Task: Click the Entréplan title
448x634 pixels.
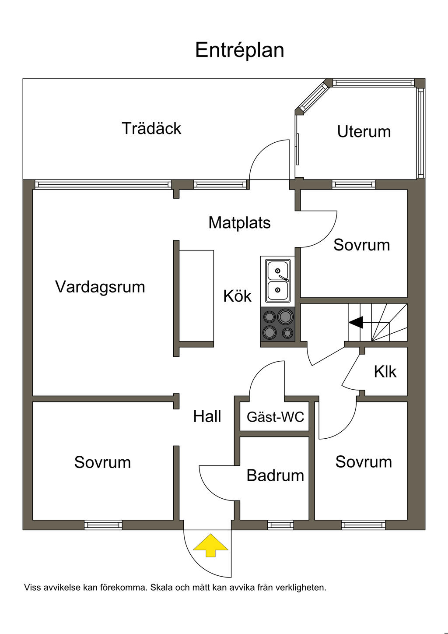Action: click(x=239, y=50)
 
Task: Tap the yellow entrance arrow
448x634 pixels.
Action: click(x=211, y=545)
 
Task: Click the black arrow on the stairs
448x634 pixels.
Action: click(x=356, y=322)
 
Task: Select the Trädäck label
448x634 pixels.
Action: click(x=151, y=128)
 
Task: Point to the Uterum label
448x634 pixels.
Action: click(x=364, y=131)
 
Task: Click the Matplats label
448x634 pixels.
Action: click(x=239, y=222)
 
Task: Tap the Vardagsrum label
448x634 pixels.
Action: click(x=100, y=287)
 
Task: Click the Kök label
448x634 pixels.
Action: click(x=237, y=296)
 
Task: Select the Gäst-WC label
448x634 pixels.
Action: click(x=275, y=416)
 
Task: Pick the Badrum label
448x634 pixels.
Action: click(x=275, y=475)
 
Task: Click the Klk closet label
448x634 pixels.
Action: click(x=385, y=372)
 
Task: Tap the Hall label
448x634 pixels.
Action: click(x=207, y=416)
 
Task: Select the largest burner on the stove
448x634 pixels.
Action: click(x=285, y=316)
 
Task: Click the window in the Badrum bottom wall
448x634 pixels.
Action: click(x=280, y=525)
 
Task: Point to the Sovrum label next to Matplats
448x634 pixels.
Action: click(x=361, y=245)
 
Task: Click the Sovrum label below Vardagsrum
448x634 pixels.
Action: click(x=102, y=462)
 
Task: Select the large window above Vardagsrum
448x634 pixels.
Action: click(x=103, y=185)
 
